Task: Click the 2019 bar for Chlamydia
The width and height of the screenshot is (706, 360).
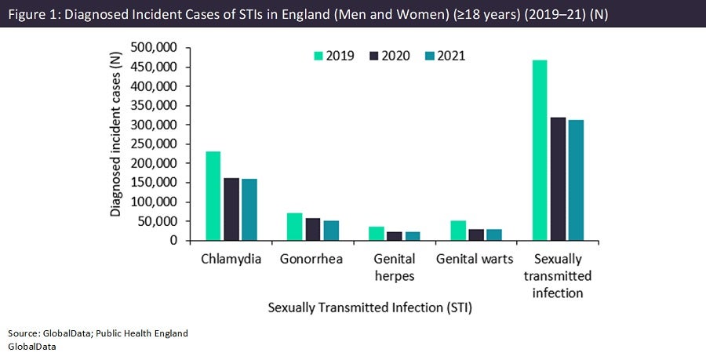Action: click(213, 196)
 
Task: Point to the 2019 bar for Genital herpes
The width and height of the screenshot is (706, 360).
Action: click(376, 234)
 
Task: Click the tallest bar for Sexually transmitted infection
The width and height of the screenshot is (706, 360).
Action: click(540, 150)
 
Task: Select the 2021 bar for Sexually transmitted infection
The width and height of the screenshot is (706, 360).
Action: click(577, 180)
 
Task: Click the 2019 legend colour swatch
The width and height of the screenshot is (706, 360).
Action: click(318, 56)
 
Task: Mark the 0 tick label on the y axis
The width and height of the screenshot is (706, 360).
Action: click(174, 241)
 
